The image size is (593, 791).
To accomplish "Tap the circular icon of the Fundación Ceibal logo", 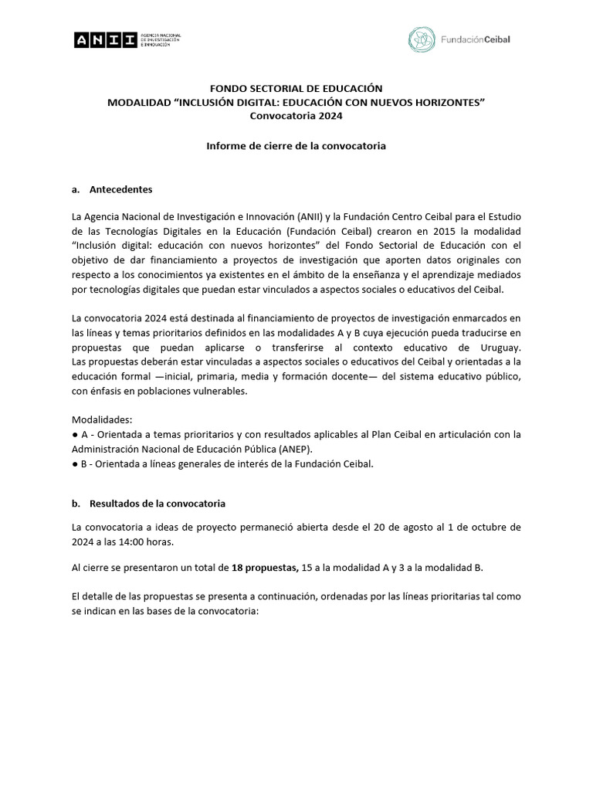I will pyautogui.click(x=421, y=39).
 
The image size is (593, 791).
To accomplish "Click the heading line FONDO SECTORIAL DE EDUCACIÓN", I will pyautogui.click(x=296, y=90).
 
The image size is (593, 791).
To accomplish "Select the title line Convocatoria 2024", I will pyautogui.click(x=296, y=116).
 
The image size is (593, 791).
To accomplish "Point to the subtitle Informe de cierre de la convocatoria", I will pyautogui.click(x=296, y=145).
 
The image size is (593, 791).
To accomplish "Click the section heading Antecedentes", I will pyautogui.click(x=120, y=188).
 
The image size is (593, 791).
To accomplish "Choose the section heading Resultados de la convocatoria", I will pyautogui.click(x=158, y=503).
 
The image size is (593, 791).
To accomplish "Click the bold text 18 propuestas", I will pyautogui.click(x=265, y=568).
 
